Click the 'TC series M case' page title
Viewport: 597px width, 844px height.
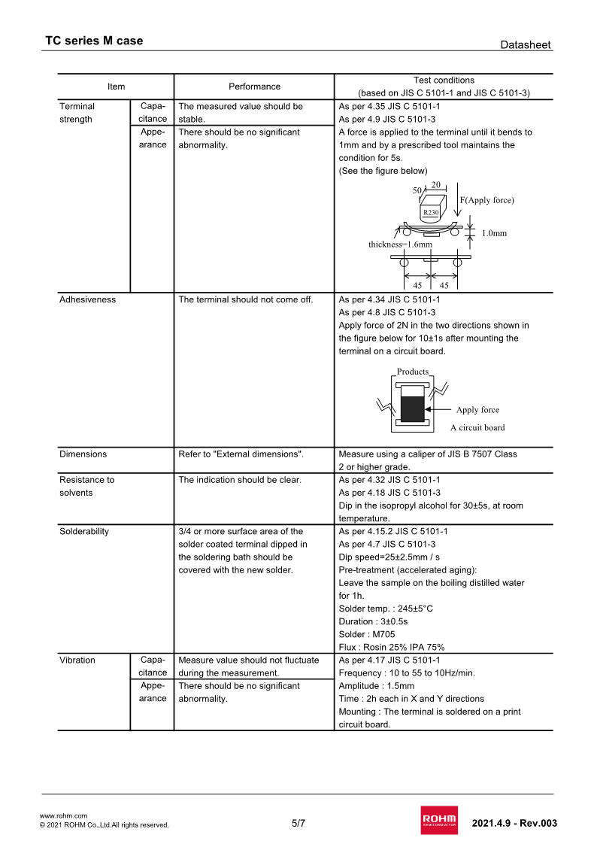[94, 41]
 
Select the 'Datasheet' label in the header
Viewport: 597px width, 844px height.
[526, 45]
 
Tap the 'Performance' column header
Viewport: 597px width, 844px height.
[254, 87]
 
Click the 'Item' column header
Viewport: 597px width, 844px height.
[116, 87]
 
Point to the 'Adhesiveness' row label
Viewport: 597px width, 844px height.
[87, 299]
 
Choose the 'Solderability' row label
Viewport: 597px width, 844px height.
[83, 531]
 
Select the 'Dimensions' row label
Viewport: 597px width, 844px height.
[83, 454]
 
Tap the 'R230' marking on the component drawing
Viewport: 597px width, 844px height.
[430, 213]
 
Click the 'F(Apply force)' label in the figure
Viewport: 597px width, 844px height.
[486, 200]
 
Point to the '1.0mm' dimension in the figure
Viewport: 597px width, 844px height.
[494, 233]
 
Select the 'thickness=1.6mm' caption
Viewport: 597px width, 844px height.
[400, 244]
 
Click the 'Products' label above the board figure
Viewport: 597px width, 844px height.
[412, 372]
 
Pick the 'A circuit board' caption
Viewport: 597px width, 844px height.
[477, 428]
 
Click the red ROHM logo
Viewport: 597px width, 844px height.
[439, 821]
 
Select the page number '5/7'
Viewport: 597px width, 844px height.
[298, 823]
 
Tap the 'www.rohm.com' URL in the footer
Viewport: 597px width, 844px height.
[63, 815]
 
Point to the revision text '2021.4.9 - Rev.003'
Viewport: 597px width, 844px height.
[514, 823]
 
